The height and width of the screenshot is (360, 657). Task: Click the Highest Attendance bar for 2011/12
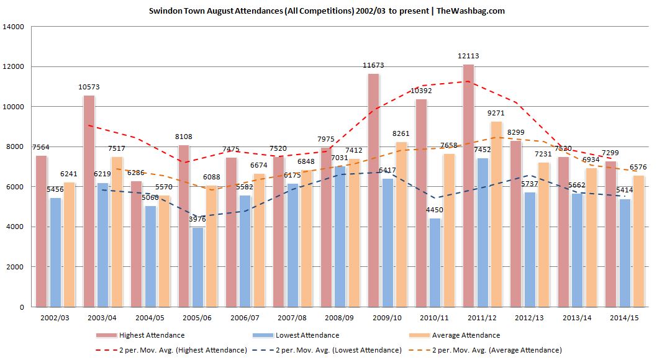(x=468, y=186)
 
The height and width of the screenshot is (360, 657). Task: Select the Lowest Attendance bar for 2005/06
(x=197, y=267)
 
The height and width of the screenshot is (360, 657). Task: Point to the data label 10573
(x=89, y=88)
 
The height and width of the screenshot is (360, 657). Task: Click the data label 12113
(x=468, y=56)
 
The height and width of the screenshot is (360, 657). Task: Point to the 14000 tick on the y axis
(x=14, y=27)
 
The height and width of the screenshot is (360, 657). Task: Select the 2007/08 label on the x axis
(x=292, y=317)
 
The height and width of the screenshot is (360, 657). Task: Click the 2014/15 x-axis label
(x=624, y=317)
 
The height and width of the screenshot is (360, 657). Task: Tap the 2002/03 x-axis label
(x=55, y=317)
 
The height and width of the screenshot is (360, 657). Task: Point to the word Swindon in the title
(x=163, y=11)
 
